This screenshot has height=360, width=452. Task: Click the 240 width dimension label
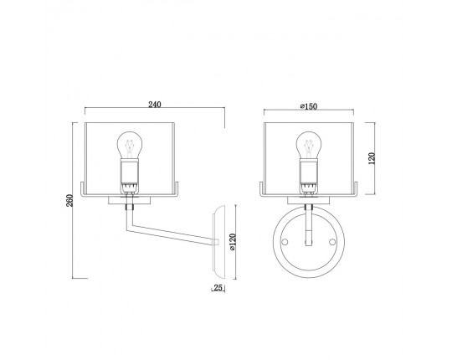tap(155, 105)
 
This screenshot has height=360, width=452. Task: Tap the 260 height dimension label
tap(69, 201)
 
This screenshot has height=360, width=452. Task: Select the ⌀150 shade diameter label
tap(309, 106)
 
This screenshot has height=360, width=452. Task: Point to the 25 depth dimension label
tap(218, 287)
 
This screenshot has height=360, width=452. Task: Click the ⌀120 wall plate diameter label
tap(233, 242)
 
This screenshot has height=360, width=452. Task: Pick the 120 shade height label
tap(372, 158)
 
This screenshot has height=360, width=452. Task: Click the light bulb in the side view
tap(130, 145)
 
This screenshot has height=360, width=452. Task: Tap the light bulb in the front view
tap(309, 145)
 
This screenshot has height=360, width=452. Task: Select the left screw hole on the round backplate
tap(285, 242)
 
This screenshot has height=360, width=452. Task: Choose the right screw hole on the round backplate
tap(332, 242)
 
